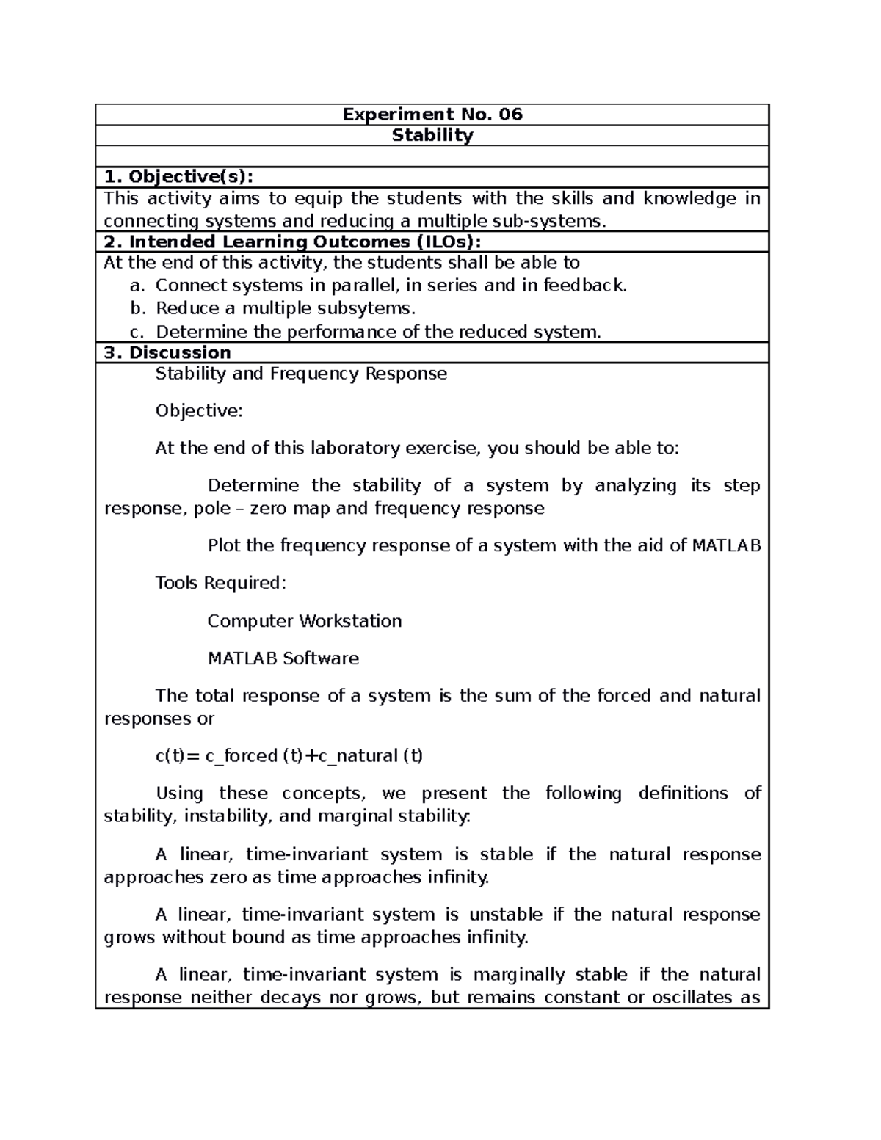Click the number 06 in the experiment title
[510, 115]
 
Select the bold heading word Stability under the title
[432, 135]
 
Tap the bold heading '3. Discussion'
[167, 352]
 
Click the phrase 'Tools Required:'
[220, 583]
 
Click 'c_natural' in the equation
[357, 756]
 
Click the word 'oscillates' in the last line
[697, 998]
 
